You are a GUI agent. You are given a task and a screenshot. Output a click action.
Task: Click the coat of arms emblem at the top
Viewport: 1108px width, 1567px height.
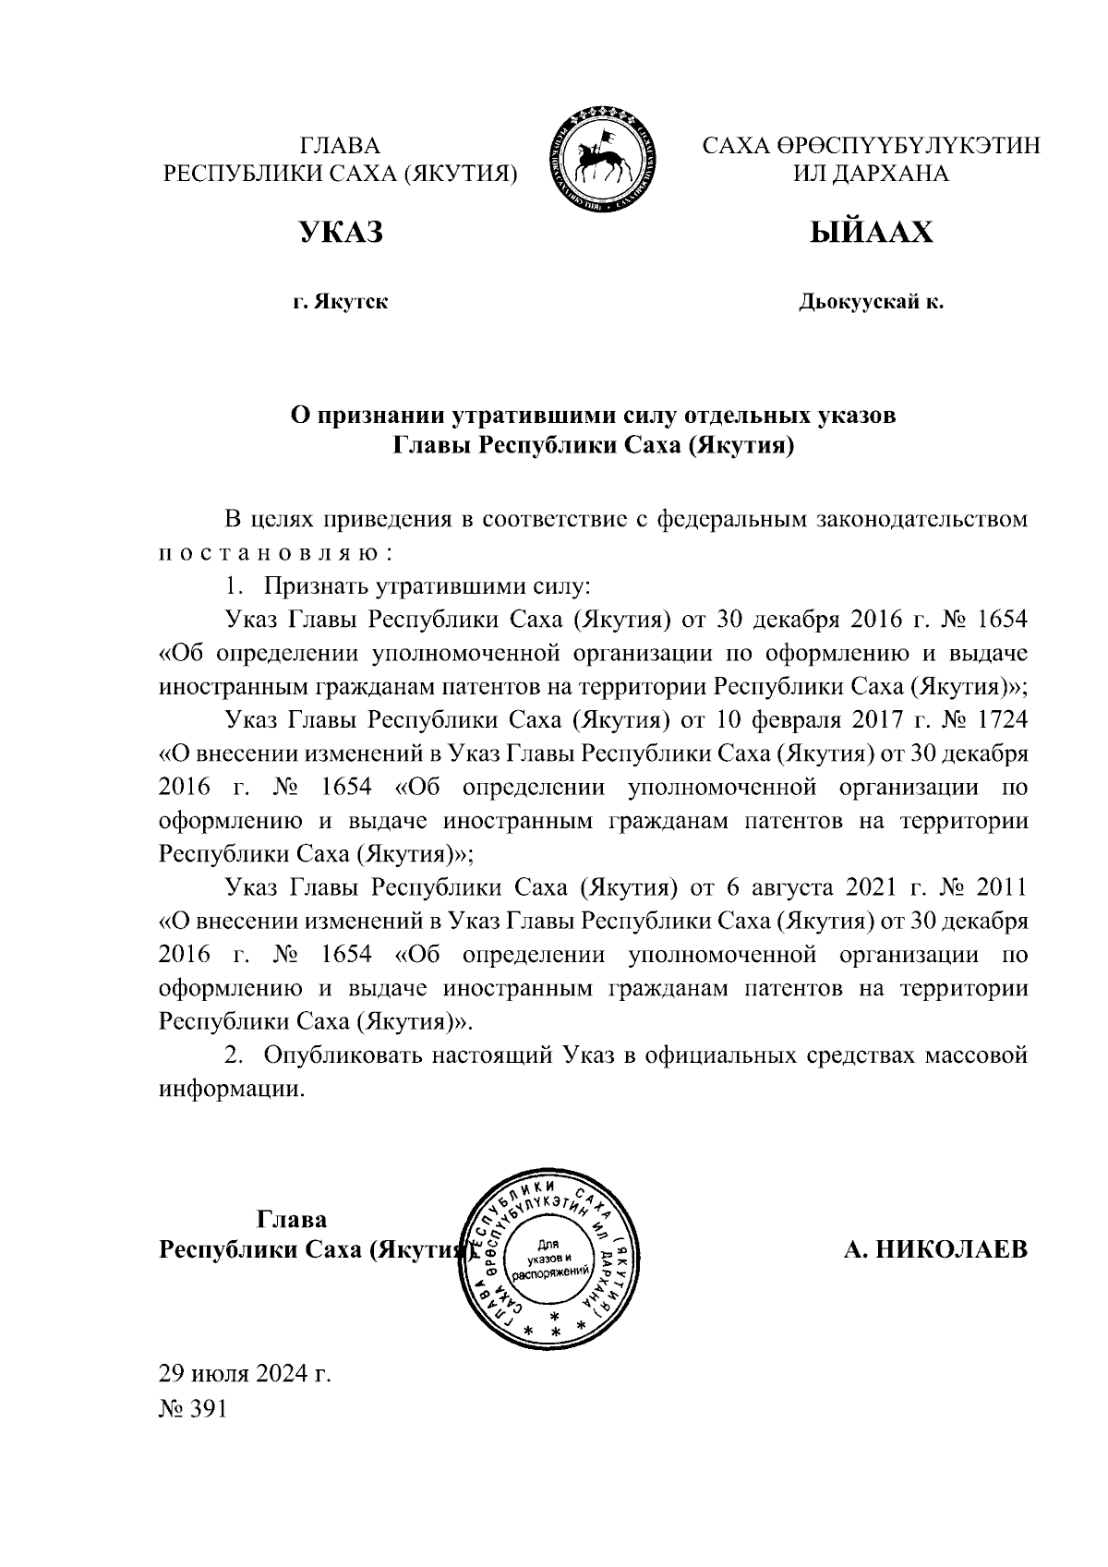pos(604,160)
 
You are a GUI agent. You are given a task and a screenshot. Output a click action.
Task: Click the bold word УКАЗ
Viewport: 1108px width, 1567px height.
pos(340,232)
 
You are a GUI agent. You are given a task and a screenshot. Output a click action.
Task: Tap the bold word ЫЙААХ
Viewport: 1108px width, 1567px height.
pos(871,232)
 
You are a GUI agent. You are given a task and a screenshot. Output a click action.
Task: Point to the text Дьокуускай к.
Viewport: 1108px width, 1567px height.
pos(871,302)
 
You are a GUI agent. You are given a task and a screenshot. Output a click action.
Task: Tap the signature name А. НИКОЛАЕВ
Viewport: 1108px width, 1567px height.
pos(935,1250)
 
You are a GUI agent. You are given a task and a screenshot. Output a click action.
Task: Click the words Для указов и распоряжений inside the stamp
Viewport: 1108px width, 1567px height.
pos(551,1257)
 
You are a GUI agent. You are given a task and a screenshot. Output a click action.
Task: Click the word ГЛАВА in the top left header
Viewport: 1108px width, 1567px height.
pos(341,146)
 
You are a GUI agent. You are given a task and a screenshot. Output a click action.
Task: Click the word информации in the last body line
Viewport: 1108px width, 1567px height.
pos(231,1088)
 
